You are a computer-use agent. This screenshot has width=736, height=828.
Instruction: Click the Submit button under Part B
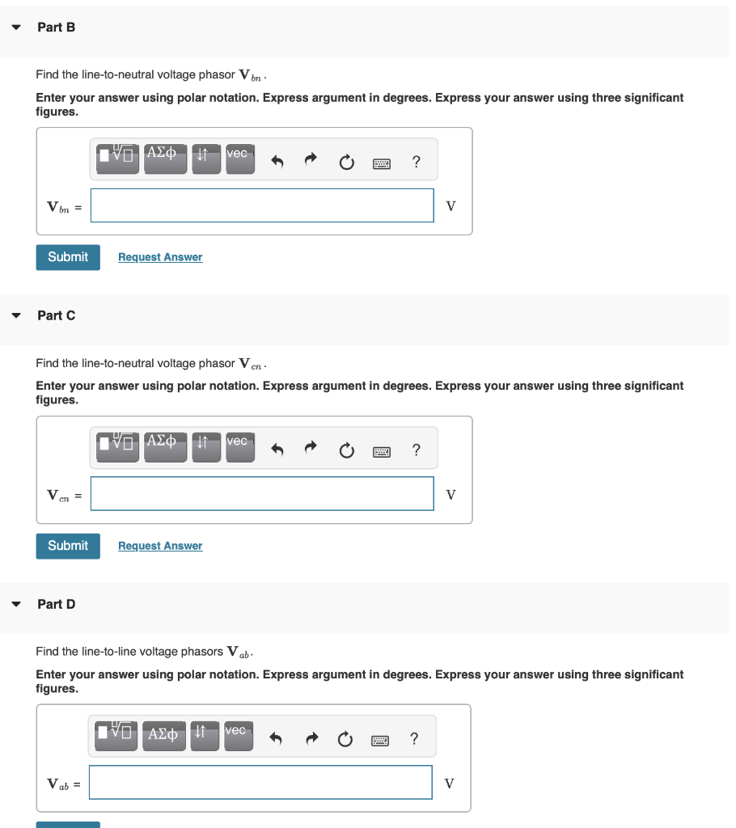coord(68,257)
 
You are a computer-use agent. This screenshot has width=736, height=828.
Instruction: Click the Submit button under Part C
coord(68,546)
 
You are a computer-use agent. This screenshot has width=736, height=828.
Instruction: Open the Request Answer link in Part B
coord(160,257)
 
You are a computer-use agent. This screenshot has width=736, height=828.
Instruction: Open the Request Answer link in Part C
coord(160,546)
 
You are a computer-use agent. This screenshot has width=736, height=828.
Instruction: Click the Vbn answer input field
coord(262,205)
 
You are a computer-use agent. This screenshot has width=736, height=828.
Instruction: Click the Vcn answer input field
coord(262,494)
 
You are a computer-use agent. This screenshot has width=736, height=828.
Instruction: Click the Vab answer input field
coord(260,783)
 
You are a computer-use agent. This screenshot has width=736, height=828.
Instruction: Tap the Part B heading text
coord(57,27)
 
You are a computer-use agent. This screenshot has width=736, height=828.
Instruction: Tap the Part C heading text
coord(57,315)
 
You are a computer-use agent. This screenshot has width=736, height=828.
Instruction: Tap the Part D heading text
coord(57,604)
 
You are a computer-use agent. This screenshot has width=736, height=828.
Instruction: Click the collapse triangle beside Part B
coord(16,27)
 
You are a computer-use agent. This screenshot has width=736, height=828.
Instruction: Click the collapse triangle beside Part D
coord(16,604)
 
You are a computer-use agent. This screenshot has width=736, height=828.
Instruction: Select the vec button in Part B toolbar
coord(239,158)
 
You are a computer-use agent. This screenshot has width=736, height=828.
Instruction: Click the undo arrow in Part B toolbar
coord(277,163)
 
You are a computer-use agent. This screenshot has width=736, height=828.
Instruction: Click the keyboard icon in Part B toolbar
coord(381,163)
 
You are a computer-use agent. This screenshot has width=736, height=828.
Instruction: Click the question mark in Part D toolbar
coord(414,738)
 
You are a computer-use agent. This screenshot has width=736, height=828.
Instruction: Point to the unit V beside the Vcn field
coord(451,494)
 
